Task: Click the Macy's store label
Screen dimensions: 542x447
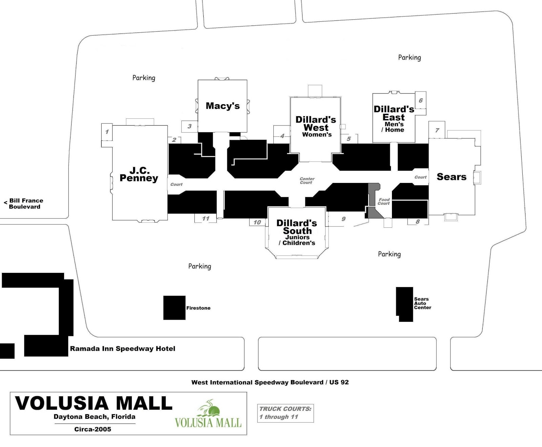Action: point(223,106)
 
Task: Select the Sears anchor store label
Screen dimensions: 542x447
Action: point(451,177)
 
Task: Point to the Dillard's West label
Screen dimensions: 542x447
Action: point(316,124)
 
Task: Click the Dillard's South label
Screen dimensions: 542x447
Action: point(297,227)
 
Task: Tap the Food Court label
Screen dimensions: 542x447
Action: point(384,202)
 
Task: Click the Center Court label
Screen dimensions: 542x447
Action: point(307,181)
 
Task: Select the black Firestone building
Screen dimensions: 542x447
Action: point(174,308)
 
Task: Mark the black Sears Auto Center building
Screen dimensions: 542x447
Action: point(404,304)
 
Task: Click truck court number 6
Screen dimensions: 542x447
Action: point(421,100)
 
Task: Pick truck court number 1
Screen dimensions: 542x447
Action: point(107,132)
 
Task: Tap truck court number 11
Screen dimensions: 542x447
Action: point(206,219)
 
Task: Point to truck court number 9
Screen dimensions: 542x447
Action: point(343,219)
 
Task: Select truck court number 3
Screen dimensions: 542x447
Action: point(189,126)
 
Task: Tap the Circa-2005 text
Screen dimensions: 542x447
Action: point(92,429)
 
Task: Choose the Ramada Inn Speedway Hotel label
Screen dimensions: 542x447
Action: point(122,349)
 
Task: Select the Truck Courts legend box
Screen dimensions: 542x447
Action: point(285,413)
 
